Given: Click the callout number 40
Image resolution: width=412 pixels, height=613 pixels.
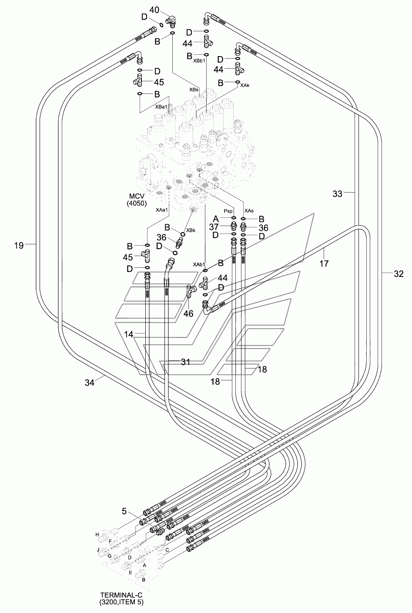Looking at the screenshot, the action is coord(154,10).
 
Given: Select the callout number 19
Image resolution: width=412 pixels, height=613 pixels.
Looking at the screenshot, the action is coord(19,246).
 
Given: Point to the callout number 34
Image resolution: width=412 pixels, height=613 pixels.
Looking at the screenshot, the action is coord(90,383).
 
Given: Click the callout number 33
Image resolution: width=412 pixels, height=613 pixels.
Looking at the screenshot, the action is coord(338,194).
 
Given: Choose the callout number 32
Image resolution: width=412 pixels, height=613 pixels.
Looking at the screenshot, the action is coord(399,273).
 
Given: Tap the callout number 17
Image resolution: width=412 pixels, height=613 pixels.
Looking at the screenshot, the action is coord(324,264).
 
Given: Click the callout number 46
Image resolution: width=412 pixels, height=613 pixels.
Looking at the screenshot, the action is coord(188,313).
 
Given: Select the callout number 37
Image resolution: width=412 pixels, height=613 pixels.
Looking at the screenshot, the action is coord(214,227).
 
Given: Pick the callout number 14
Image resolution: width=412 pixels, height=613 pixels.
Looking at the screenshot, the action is coord(128,334).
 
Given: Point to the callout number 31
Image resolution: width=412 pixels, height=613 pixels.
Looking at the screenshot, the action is coord(185,362).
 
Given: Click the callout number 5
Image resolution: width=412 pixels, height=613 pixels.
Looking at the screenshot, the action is coord(124,511).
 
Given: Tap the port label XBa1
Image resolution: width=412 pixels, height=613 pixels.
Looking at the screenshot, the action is coord(161,107).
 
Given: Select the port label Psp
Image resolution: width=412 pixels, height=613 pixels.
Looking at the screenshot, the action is coord(228,211).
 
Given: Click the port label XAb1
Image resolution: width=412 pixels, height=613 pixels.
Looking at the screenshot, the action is coord(199,264).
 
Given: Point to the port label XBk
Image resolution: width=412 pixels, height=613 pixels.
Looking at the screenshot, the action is coord(191,230).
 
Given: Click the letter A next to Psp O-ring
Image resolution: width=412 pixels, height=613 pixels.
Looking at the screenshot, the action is coord(216,219).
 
